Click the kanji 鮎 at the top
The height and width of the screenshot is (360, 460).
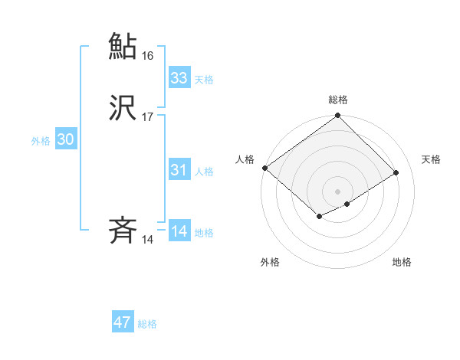[x=123, y=45]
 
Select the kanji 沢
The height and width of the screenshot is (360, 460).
[x=123, y=108]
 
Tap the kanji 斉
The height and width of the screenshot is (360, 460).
[x=123, y=231]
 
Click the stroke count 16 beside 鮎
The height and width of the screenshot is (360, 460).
[x=148, y=56]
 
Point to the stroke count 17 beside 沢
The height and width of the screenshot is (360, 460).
[x=148, y=117]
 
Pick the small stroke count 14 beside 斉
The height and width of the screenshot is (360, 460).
[x=148, y=240]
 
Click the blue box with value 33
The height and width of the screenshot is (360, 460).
[x=179, y=78]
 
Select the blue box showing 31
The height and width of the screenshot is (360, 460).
[x=179, y=170]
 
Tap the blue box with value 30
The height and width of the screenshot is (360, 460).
[x=66, y=139]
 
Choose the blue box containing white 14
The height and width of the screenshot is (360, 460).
[x=179, y=231]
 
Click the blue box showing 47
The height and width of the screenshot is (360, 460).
[x=123, y=322]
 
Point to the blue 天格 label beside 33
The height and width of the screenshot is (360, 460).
[x=204, y=80]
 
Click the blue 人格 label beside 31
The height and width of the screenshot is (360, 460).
[x=204, y=172]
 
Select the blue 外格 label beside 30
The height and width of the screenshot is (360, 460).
[x=41, y=141]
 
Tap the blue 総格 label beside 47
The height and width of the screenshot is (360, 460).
[x=147, y=324]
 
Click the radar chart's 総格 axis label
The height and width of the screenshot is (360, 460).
[x=337, y=100]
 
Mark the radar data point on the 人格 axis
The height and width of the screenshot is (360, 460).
[x=264, y=168]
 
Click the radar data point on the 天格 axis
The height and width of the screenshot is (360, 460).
[x=396, y=172]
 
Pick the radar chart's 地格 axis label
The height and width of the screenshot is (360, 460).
[x=402, y=263]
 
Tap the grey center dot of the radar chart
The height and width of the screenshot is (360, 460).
[x=337, y=191]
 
